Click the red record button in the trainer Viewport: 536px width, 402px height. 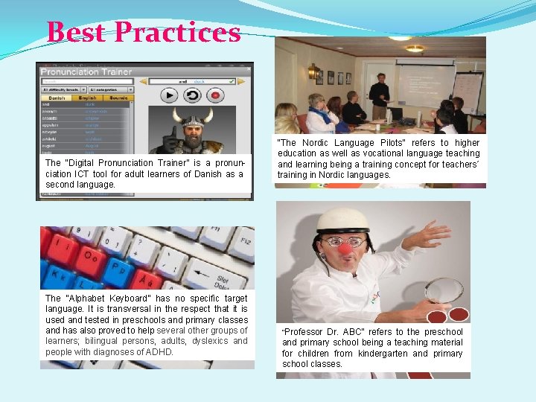(x=217, y=95)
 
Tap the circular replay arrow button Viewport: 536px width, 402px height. (x=193, y=95)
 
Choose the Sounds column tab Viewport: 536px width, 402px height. (x=118, y=98)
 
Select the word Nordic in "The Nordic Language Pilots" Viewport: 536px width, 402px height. (x=322, y=143)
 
